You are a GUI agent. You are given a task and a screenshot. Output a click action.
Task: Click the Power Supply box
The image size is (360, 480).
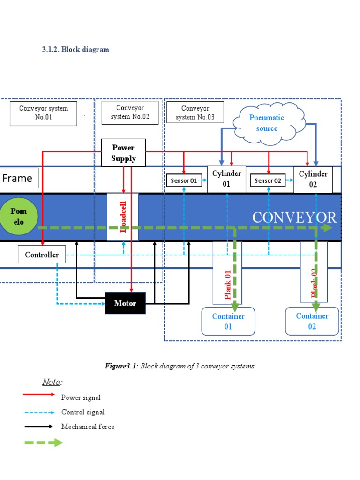124,153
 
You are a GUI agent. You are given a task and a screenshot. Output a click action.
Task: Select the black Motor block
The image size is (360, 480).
125,303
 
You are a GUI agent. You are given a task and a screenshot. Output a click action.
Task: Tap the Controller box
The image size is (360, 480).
42,255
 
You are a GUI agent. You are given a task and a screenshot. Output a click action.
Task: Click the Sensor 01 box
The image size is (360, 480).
184,180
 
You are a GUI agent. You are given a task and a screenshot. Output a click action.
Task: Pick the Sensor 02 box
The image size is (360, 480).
268,180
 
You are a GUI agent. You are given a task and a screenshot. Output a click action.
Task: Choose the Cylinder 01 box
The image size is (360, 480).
226,179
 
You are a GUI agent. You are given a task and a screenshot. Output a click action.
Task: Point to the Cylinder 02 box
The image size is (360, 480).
313,179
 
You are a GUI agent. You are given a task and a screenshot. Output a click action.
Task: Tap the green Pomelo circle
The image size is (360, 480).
19,217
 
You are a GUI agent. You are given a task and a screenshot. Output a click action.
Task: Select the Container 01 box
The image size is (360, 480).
228,321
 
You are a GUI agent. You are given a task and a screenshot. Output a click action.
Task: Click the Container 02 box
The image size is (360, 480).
312,321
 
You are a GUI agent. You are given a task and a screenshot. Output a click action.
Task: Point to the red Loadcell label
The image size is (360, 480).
123,217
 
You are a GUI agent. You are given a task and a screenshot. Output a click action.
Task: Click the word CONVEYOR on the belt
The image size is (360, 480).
294,217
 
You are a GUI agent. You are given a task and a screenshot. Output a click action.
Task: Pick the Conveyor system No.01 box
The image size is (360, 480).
44,112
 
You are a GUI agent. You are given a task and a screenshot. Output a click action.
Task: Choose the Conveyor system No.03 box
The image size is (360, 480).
195,112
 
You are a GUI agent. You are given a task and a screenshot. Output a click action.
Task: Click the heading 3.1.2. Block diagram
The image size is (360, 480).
75,49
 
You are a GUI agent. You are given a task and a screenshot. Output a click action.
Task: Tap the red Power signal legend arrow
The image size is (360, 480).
39,395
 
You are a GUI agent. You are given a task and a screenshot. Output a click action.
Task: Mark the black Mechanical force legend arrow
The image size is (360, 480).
39,427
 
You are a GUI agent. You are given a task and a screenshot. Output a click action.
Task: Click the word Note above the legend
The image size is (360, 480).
52,382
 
